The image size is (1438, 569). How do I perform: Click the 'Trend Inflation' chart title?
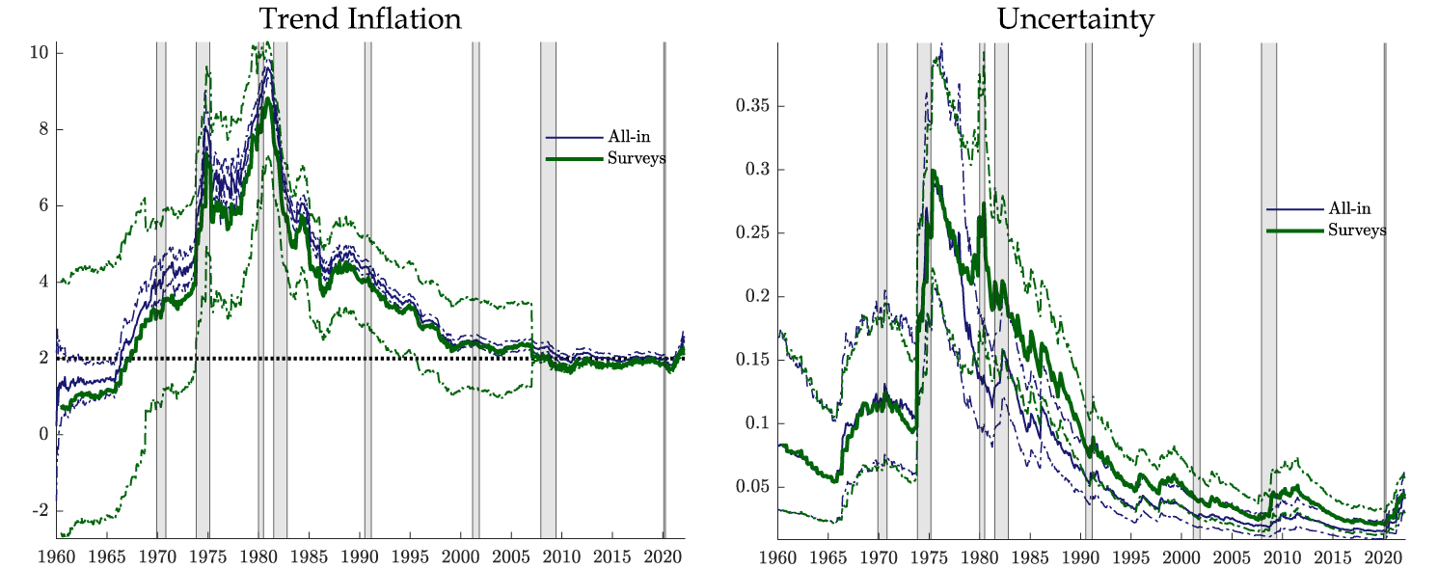359,18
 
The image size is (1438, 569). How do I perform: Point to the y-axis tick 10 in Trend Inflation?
40,53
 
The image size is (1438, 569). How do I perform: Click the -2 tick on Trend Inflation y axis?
40,510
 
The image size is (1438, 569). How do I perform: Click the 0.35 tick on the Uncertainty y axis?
755,106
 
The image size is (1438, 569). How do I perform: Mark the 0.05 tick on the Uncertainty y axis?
755,487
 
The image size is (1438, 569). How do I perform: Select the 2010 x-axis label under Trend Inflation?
562,557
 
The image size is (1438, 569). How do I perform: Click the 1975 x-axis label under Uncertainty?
929,557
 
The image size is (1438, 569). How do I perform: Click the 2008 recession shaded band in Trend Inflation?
548,289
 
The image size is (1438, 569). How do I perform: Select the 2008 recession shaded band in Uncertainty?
1268,289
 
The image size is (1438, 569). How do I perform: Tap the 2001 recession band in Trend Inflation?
475,289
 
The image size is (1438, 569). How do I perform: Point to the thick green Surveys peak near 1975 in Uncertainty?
933,172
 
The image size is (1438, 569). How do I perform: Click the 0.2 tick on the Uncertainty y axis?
759,296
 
